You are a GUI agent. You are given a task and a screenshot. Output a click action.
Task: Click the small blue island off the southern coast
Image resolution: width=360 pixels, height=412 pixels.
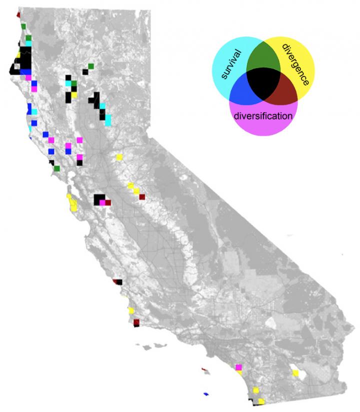click(205, 393)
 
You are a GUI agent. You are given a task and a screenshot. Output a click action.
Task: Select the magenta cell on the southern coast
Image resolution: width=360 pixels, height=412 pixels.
click(238, 367)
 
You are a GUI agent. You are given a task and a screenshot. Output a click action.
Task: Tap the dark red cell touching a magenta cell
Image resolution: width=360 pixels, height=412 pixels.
click(108, 202)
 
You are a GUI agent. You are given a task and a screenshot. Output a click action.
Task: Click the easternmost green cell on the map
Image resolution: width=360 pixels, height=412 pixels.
click(91, 66)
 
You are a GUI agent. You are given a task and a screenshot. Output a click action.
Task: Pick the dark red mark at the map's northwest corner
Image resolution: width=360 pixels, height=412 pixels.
click(18, 14)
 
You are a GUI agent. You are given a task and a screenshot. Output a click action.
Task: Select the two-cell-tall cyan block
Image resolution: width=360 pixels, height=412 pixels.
click(108, 119)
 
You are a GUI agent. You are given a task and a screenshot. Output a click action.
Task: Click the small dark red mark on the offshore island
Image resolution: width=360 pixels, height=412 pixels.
click(204, 370)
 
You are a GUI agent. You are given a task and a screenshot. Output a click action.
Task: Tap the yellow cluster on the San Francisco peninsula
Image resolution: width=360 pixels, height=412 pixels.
click(72, 203)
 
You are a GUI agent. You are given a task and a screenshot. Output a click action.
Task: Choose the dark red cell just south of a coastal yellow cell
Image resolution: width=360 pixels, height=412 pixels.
click(135, 321)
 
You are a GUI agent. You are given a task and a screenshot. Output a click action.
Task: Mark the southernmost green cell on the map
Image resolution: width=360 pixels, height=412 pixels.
click(57, 168)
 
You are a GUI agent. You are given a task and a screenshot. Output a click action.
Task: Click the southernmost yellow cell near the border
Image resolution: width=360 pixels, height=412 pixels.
click(261, 401)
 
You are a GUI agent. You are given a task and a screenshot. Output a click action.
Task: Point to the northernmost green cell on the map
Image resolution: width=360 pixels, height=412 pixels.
click(23, 26)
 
